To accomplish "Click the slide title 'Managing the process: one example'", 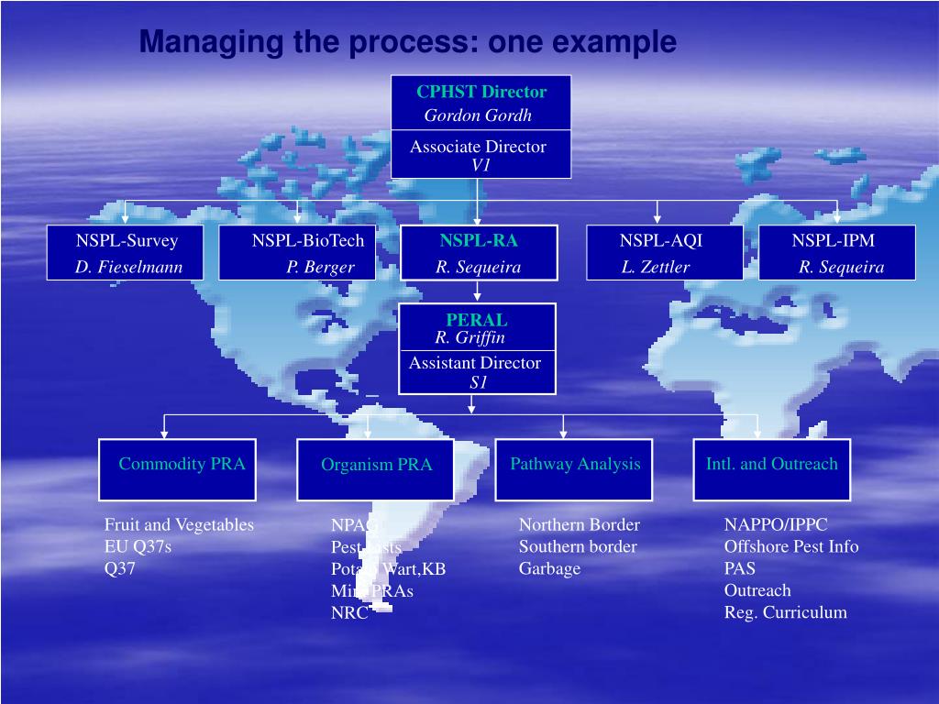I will click(407, 42).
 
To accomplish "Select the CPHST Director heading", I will click(481, 92).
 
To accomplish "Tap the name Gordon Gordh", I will click(477, 115).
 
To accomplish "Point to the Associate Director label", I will click(478, 147).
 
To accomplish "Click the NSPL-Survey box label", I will click(127, 241).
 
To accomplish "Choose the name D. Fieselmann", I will click(129, 268).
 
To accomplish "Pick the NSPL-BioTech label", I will click(308, 241).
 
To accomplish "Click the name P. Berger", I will click(320, 268).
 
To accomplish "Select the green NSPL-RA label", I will click(478, 241).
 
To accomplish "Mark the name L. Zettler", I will click(655, 268).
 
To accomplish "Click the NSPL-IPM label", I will click(834, 241).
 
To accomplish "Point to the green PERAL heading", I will click(477, 320).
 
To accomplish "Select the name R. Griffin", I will click(469, 337).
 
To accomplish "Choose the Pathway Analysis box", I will click(575, 468).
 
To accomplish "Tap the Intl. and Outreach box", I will click(771, 468).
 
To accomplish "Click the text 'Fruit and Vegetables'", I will click(179, 525).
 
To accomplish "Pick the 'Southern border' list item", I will click(578, 547).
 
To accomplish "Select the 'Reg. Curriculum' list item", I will click(785, 613).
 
